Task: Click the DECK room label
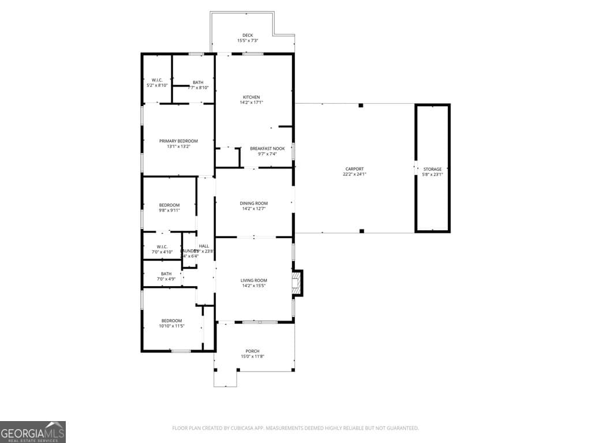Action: pyautogui.click(x=248, y=35)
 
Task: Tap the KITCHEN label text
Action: pyautogui.click(x=251, y=97)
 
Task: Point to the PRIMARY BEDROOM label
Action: pyautogui.click(x=178, y=141)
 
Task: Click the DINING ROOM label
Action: pyautogui.click(x=254, y=203)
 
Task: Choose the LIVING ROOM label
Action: pyautogui.click(x=254, y=280)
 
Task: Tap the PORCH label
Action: pyautogui.click(x=252, y=351)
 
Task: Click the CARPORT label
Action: pyautogui.click(x=354, y=169)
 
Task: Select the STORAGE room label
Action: pyautogui.click(x=432, y=169)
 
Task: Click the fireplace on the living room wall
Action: pyautogui.click(x=297, y=283)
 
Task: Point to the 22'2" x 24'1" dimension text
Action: pyautogui.click(x=354, y=174)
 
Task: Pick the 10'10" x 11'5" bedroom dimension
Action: pyautogui.click(x=171, y=326)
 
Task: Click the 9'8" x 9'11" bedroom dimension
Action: pyautogui.click(x=170, y=211)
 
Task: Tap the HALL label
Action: pyautogui.click(x=204, y=246)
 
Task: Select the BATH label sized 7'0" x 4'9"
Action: pyautogui.click(x=166, y=273)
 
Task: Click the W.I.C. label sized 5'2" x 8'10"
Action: pyautogui.click(x=157, y=80)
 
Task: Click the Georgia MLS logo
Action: pyautogui.click(x=33, y=431)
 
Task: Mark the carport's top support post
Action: pyautogui.click(x=361, y=106)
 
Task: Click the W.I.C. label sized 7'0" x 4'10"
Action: pyautogui.click(x=162, y=246)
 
